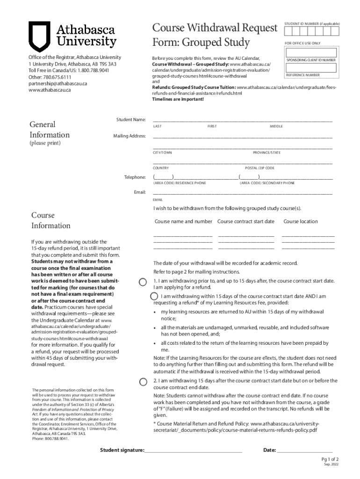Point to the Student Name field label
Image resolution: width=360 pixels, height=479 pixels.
[x=131, y=120]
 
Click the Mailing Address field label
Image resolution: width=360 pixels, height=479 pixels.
[x=130, y=136]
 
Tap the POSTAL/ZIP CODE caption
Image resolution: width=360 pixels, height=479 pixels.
[x=259, y=168]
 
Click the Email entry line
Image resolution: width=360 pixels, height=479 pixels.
[x=242, y=192]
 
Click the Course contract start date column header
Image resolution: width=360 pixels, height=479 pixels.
[x=246, y=221]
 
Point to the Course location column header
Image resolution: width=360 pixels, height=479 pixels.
[x=301, y=221]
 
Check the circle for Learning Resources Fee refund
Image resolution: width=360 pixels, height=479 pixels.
[x=154, y=296]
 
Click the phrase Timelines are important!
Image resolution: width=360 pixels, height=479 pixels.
[x=178, y=99]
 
